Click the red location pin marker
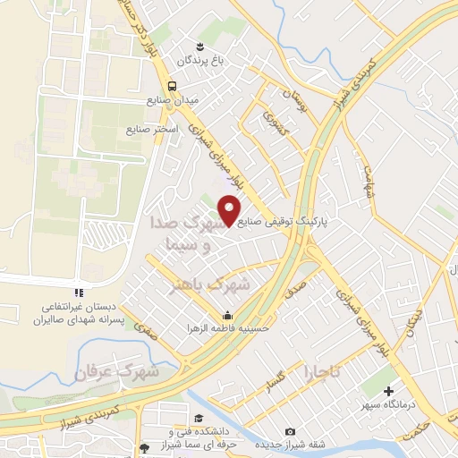[231, 209]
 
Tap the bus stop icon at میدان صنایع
[173, 86]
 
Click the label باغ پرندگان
[197, 61]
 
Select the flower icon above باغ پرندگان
[201, 46]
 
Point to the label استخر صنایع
[154, 129]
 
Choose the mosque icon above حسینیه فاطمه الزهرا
[227, 315]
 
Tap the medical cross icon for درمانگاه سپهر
[389, 391]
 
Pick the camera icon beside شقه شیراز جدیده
[288, 432]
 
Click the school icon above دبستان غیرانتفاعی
[78, 292]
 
